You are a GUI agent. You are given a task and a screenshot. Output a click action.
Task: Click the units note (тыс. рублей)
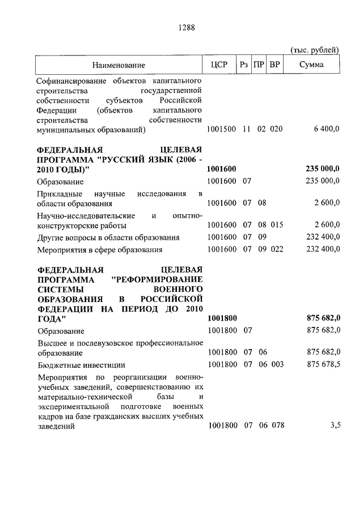pos(315,50)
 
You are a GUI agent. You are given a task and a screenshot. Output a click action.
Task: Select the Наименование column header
pos(119,65)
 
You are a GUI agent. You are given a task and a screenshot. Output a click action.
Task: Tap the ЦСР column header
pos(219,65)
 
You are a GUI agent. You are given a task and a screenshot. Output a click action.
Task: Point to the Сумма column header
pos(312,65)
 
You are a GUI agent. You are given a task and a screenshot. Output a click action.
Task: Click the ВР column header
pos(275,65)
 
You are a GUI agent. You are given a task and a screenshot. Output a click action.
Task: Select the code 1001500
pos(222,129)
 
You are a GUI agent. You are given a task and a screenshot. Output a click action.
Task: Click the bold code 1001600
pos(222,169)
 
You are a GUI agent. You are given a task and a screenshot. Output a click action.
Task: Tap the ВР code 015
pos(276,225)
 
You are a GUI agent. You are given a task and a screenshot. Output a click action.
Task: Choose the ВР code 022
pos(276,249)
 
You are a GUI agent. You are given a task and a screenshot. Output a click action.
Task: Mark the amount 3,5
pos(334,426)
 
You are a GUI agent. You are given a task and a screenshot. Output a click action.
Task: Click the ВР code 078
pos(276,426)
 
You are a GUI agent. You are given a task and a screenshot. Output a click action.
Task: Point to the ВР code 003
pos(276,365)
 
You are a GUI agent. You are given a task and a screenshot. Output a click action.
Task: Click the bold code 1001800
pos(222,319)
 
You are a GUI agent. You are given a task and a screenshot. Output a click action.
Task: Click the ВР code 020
pos(276,129)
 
